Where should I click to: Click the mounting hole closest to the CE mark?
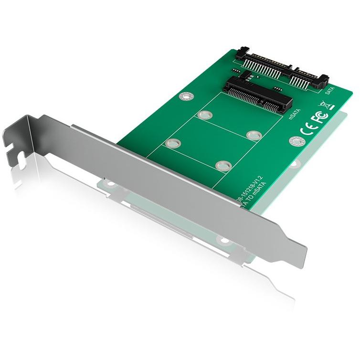[296, 141]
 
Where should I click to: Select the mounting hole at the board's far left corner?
[185, 97]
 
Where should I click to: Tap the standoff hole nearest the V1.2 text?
[222, 165]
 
